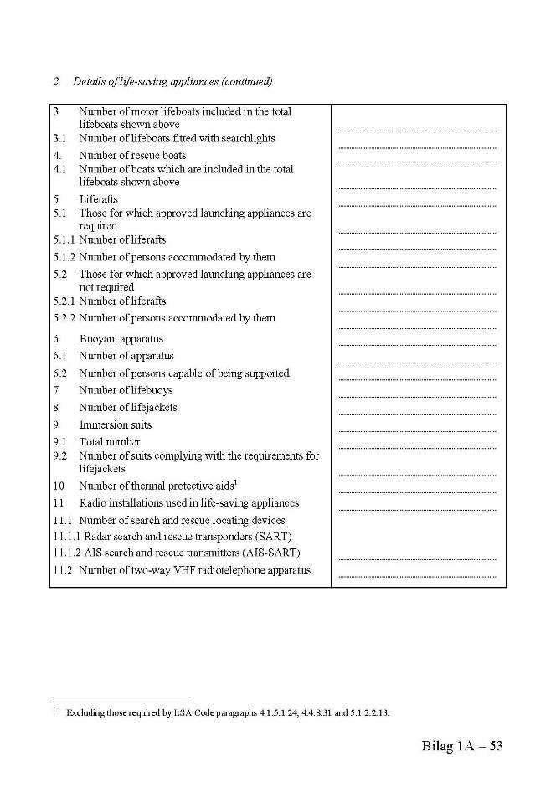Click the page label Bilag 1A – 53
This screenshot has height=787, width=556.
coord(461,746)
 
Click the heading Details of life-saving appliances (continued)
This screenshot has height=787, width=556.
coord(172,81)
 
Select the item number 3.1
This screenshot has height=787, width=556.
coord(59,138)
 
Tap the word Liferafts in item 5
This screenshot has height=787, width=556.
coord(99,199)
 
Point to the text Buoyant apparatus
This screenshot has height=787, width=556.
coord(121,339)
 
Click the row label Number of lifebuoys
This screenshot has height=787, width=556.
coord(128,390)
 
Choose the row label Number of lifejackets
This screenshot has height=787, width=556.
coord(128,407)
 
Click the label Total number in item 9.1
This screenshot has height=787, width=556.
coord(110,441)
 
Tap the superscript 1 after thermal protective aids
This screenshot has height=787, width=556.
coord(237,482)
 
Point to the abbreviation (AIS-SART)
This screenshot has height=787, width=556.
coord(270,553)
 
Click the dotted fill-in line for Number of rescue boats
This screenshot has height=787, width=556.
coord(417,162)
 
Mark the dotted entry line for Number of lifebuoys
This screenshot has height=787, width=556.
coord(417,397)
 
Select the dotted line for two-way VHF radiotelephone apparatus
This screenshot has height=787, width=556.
coord(417,577)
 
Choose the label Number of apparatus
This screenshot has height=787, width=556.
coord(127,356)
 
